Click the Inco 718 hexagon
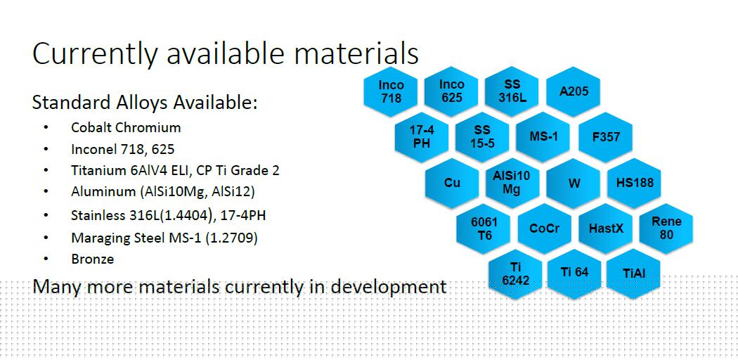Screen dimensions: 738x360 coord(391,92)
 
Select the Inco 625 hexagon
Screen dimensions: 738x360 coord(451,92)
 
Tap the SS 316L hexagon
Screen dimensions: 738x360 coord(512,92)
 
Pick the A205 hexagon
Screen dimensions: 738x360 coord(574,92)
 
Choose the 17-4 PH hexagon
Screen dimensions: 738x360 coord(422,137)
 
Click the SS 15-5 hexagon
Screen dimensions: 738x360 coord(482,137)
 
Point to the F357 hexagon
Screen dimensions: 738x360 coord(606,137)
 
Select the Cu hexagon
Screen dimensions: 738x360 coord(452,183)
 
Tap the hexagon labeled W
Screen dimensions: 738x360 coord(574,183)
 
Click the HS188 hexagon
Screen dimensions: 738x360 coord(635,183)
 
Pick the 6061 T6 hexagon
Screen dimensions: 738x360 coord(484,229)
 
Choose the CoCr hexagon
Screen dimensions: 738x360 coord(545,229)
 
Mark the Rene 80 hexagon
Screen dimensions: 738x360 coord(666,229)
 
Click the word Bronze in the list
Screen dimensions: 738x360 coord(93,259)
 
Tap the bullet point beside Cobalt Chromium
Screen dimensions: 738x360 coord(46,127)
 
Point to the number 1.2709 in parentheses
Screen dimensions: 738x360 coord(231,238)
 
